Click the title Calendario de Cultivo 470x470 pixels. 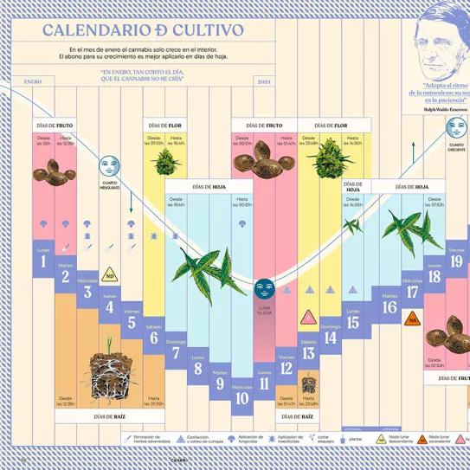143,31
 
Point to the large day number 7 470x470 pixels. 176,352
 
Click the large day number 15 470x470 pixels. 352,323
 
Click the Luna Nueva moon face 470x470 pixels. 264,287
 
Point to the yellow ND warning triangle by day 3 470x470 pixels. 110,277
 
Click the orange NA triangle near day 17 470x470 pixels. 413,319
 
